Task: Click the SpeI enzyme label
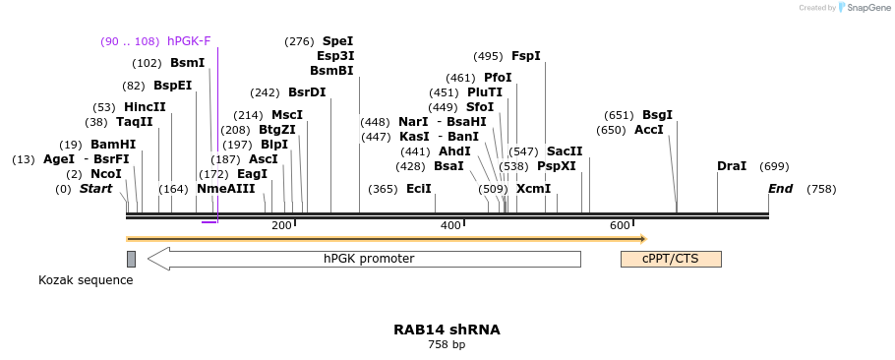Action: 337,41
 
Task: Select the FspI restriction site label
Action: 525,56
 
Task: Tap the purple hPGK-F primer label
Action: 189,41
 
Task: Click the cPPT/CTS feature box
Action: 671,259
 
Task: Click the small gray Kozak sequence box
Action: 131,259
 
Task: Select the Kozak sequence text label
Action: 86,280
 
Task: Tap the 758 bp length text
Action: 447,345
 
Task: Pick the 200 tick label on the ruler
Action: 281,226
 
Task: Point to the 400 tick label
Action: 450,226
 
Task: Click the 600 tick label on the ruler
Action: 620,226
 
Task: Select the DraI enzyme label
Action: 732,166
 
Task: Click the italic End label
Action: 780,189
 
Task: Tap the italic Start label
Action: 96,189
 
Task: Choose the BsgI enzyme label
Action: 657,115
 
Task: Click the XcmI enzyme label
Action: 533,189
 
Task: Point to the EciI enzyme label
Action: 419,189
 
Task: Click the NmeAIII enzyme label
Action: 225,189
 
